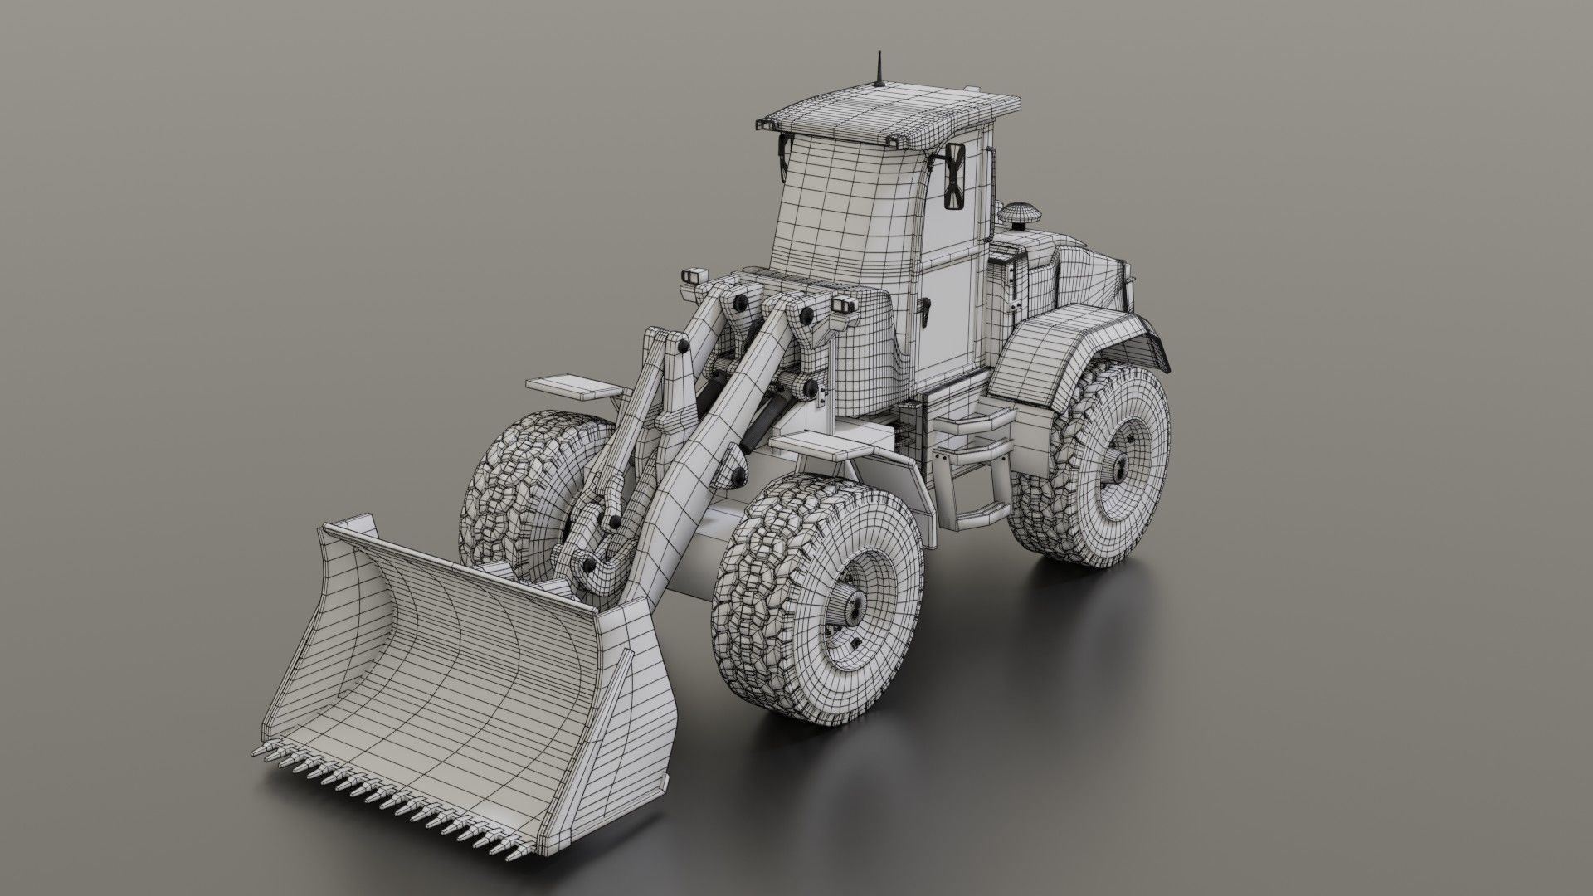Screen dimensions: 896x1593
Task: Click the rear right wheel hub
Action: (1116, 470)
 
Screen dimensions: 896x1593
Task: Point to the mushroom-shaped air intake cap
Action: (1020, 214)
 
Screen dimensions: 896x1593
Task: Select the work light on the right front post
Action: (845, 305)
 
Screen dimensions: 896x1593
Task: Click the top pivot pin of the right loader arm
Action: (806, 315)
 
